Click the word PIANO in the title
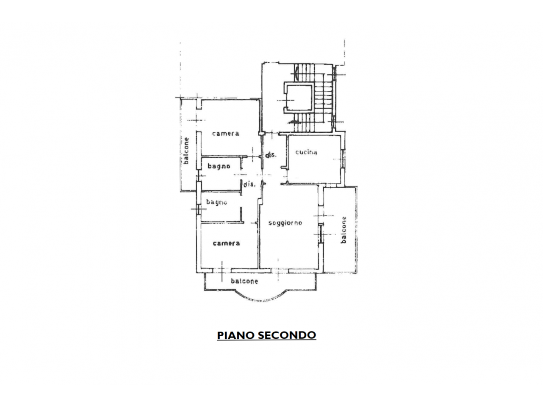tap(236, 335)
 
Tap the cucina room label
tap(306, 152)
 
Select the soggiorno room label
tap(285, 223)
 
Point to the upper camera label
tap(226, 134)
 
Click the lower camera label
tap(226, 243)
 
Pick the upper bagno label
tap(219, 166)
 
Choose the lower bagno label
tap(217, 202)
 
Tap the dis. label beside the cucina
tap(271, 155)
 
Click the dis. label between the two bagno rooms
tap(249, 184)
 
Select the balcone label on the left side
tap(186, 151)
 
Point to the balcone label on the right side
tap(344, 230)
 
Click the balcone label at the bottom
tap(244, 281)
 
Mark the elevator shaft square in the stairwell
tap(299, 98)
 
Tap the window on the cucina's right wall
tap(343, 159)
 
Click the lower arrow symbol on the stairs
tap(294, 122)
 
